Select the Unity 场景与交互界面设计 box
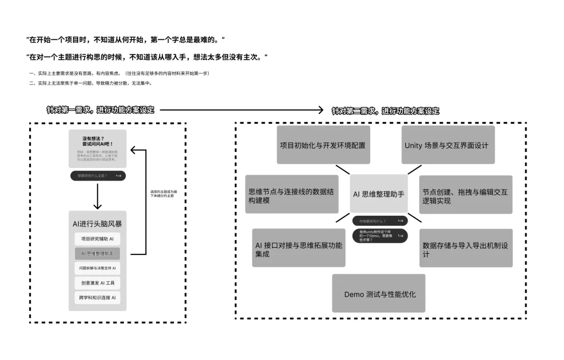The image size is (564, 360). pos(448,145)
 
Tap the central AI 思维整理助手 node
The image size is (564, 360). pos(379,194)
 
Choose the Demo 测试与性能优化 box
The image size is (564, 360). pos(379,293)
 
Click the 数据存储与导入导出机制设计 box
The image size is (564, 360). pos(466,248)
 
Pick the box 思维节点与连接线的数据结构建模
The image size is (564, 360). pos(292,194)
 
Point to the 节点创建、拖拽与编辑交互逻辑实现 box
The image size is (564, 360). pos(466,194)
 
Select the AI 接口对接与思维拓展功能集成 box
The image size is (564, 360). pos(299,248)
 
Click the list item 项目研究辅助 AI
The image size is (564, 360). pos(97,239)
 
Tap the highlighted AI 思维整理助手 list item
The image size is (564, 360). pos(97,253)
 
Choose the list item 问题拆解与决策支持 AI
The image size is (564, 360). pos(97,268)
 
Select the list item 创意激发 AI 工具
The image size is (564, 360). pos(97,283)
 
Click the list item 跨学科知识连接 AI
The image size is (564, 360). pos(97,298)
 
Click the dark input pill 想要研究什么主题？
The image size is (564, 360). pos(97,176)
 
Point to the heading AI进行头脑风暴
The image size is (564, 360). pos(97,223)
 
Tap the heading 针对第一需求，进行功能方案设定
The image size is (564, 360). pos(101,110)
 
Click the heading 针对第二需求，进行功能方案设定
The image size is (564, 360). pos(386,111)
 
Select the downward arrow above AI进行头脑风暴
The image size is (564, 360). pos(97,196)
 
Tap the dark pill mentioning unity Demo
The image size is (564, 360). pos(380,236)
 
